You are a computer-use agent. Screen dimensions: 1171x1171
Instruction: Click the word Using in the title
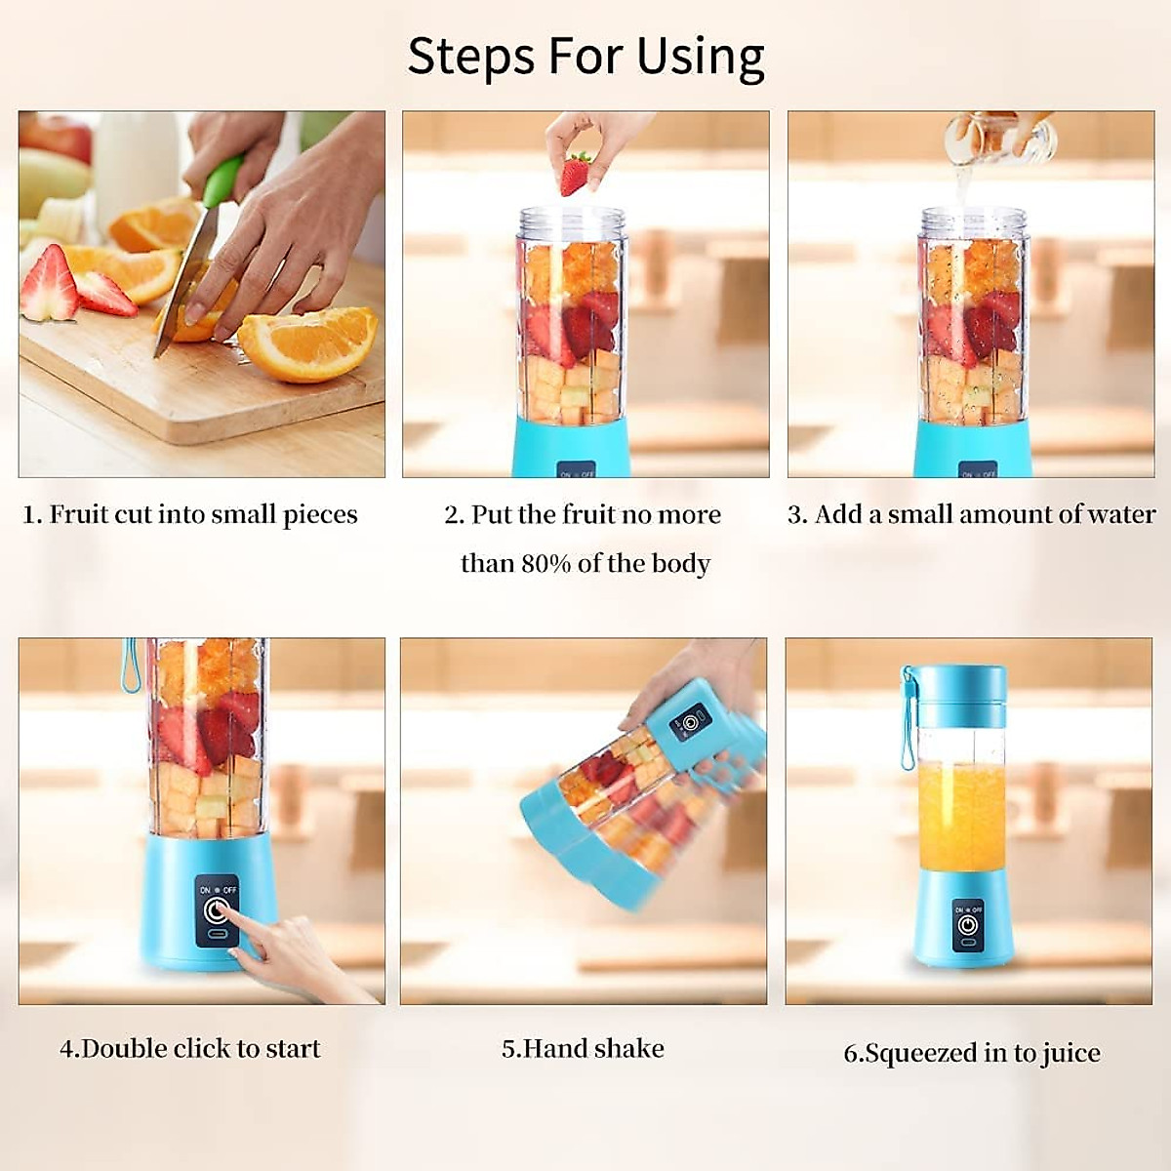700,57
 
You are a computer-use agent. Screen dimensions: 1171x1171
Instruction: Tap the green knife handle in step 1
223,182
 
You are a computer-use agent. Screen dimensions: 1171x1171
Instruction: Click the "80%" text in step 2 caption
545,564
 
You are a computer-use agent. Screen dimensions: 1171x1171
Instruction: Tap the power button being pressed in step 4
216,911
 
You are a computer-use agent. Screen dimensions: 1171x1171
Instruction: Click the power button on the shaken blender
691,723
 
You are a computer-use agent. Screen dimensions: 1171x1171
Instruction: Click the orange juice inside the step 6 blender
961,815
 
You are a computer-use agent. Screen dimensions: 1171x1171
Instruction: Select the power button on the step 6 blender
967,923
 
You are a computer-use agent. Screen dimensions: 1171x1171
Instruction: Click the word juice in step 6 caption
1070,1054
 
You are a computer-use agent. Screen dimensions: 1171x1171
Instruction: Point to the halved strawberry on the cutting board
49,284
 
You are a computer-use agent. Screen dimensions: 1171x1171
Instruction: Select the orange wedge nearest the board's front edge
307,343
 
